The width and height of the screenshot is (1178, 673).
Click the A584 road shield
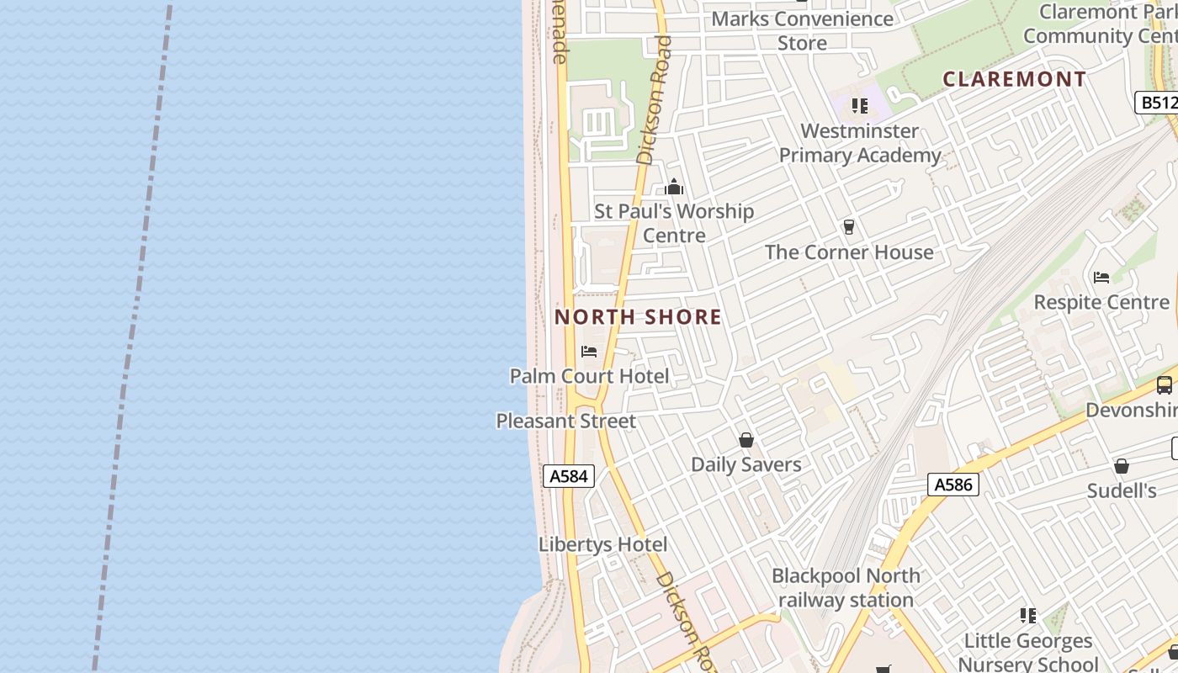point(568,476)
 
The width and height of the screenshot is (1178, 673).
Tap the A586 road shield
point(953,485)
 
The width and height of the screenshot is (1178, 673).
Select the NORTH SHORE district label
point(638,317)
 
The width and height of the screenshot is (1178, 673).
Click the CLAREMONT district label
point(1014,79)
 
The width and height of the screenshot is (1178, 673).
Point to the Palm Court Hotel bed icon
point(589,352)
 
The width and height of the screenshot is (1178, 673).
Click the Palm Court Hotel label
point(589,376)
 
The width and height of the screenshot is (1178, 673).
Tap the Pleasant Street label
point(565,421)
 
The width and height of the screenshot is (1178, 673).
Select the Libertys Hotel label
point(602,544)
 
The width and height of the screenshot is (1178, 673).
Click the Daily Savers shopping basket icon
point(746,440)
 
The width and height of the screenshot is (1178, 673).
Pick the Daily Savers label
point(746,464)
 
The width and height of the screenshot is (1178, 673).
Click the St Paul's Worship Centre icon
point(674,187)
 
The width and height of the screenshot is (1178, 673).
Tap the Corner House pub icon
point(848,227)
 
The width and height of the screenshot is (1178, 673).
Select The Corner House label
point(848,252)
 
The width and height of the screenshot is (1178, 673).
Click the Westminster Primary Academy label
point(859,143)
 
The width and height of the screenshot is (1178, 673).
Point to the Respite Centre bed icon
point(1101,278)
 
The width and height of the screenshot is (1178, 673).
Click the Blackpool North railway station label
point(846,588)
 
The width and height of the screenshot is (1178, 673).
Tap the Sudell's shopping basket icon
point(1121,466)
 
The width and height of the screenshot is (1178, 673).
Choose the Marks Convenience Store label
point(802,30)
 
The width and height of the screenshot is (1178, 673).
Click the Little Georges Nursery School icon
point(1027,616)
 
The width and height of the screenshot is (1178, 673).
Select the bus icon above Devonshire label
point(1164,385)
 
